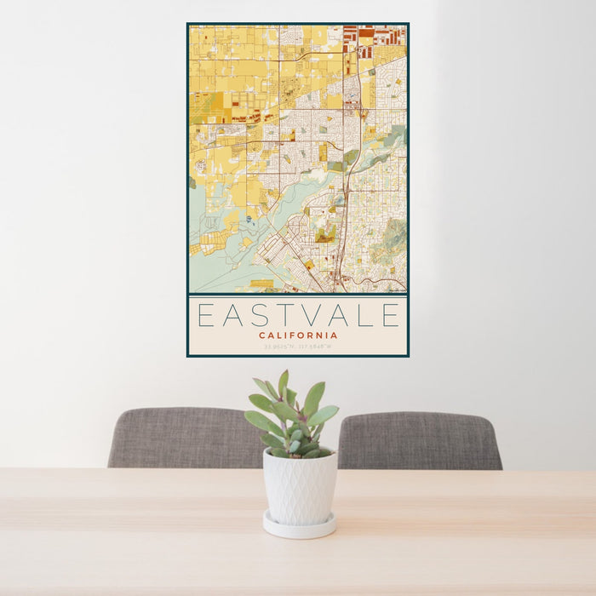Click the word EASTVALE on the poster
click(298, 316)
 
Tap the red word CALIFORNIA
click(298, 335)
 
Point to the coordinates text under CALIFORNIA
click(298, 347)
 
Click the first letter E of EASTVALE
click(205, 316)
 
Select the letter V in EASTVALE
click(312, 316)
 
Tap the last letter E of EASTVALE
click(390, 316)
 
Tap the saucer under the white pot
click(299, 528)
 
